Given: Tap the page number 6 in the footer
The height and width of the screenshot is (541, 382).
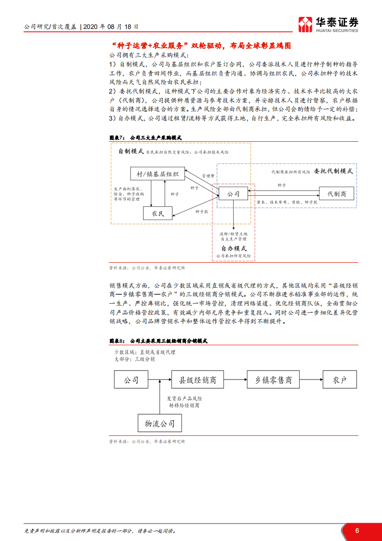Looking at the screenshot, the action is (x=357, y=530).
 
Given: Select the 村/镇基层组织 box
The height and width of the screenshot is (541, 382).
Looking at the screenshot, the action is (x=158, y=174).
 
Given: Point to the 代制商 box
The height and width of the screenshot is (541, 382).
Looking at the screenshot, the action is (x=337, y=194).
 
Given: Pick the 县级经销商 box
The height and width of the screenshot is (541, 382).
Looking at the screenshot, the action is (x=195, y=380).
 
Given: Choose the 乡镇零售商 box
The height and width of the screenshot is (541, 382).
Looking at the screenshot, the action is (x=273, y=380).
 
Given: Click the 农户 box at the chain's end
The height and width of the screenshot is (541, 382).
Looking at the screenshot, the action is (x=340, y=380).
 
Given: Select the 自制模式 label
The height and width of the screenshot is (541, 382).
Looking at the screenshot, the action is (x=131, y=151).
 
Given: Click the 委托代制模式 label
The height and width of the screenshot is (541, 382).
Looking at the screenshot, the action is (x=333, y=171).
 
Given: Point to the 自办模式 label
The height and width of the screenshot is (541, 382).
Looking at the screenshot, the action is (x=234, y=248).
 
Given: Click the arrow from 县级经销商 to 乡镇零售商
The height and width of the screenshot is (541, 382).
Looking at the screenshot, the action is (x=232, y=380).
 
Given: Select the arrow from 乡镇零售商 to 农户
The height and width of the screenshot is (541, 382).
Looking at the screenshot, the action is (x=311, y=380).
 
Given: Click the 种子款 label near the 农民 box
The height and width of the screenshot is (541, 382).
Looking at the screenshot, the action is (x=202, y=211).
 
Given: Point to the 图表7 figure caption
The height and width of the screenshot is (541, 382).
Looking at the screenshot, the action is (x=145, y=137).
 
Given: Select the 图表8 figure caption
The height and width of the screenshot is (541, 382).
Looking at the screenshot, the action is (x=158, y=341).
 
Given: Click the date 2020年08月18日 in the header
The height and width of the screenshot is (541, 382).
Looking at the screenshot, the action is (x=112, y=27).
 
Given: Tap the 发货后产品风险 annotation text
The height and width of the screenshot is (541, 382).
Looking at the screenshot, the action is (x=184, y=399).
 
